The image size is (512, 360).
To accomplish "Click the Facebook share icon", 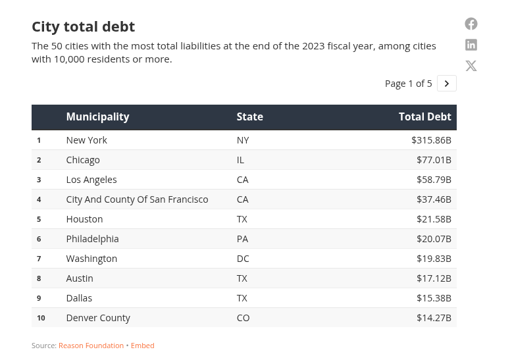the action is click(471, 24).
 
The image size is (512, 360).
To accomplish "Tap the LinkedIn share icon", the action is click(471, 45).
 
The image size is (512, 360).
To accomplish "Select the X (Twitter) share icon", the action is click(471, 66).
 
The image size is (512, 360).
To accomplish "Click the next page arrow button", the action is click(447, 84).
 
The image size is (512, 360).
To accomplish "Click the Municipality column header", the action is click(97, 117).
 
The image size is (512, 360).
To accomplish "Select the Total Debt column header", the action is click(425, 117).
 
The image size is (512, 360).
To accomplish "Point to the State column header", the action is click(250, 117).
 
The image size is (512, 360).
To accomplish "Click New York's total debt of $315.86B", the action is click(431, 140).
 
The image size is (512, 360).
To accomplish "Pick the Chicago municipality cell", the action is click(83, 160).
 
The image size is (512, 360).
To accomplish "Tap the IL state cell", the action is click(240, 160).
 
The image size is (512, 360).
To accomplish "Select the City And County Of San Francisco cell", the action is click(137, 199).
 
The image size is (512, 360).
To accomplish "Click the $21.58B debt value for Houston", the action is click(434, 219).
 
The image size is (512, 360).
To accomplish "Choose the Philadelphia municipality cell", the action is click(92, 239).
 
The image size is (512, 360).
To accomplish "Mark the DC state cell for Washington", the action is click(243, 259).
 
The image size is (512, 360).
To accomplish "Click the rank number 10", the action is click(41, 318).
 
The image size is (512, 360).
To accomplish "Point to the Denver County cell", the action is click(98, 318).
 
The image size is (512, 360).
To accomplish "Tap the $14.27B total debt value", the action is click(434, 318).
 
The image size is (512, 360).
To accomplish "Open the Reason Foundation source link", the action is click(91, 346).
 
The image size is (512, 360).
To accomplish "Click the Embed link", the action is click(142, 346).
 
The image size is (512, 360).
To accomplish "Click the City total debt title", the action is click(84, 27).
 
